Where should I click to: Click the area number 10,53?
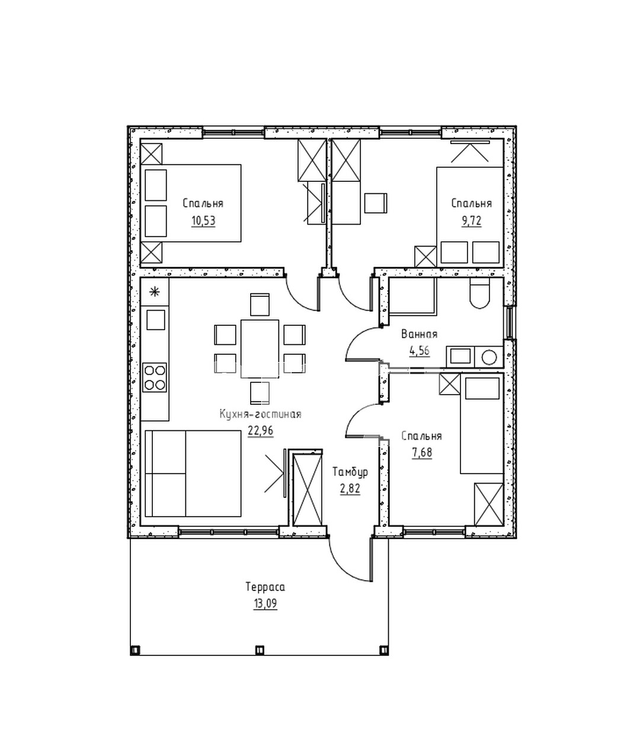coord(203,222)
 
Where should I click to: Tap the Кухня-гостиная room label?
coord(260,414)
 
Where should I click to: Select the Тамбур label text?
coord(350,472)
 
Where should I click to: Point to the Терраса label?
coord(265,587)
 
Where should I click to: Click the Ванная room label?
coord(419,334)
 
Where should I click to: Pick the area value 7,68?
coord(421,453)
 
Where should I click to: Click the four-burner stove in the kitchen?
coord(155,377)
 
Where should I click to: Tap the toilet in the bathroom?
coord(479,295)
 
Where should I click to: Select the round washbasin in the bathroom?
coord(489,357)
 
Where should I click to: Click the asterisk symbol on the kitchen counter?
coord(155,291)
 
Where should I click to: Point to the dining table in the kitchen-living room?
coord(260,348)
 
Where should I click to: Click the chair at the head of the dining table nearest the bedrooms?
coord(260,304)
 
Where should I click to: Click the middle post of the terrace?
coord(259,650)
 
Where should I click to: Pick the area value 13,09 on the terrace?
coord(265,604)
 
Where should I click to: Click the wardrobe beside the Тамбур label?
coord(308,488)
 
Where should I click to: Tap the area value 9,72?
coord(471,222)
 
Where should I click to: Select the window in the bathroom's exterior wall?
coord(509,323)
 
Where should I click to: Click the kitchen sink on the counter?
coord(155,320)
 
